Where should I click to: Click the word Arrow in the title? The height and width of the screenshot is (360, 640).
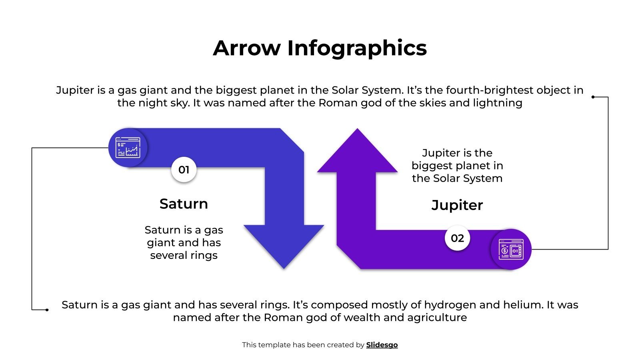point(247,48)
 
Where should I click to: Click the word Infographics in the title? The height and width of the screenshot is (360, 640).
point(357,49)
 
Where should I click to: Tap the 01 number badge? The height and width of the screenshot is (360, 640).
point(184,170)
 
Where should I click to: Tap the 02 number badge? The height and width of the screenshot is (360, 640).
point(457,238)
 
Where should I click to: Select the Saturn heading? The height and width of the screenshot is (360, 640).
point(184,204)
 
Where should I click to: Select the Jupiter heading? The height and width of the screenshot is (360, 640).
point(457,206)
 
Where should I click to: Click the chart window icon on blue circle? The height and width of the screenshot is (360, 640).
point(128,148)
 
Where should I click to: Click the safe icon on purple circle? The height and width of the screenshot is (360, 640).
point(511,249)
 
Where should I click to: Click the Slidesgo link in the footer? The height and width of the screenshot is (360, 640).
point(382,345)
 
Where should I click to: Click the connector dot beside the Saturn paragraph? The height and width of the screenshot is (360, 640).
point(47,310)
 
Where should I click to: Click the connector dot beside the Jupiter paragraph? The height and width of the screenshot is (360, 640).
point(593,97)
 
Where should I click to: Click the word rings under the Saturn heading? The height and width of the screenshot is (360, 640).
point(204,256)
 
